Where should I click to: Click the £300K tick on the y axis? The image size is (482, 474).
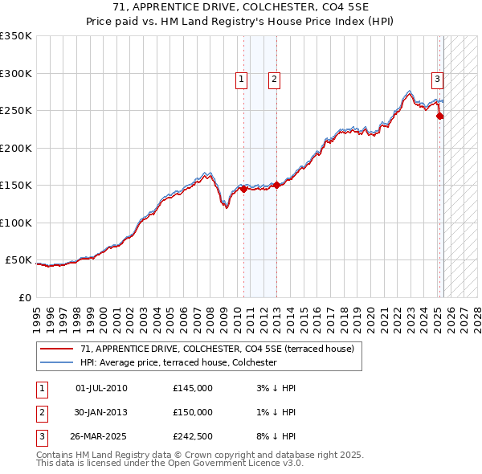point(16,73)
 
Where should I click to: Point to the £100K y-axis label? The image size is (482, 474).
point(16,223)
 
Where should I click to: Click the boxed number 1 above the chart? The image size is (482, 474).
point(242,79)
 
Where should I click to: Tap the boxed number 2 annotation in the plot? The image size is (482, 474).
point(274,79)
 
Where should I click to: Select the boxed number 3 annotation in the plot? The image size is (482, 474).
point(437,79)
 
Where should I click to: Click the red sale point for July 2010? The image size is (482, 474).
point(243,190)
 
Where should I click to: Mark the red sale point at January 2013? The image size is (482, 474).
point(277,186)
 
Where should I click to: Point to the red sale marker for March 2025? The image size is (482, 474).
point(440,116)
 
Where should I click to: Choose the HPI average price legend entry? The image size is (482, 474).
point(178,362)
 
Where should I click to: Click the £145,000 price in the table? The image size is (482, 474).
point(193,388)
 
